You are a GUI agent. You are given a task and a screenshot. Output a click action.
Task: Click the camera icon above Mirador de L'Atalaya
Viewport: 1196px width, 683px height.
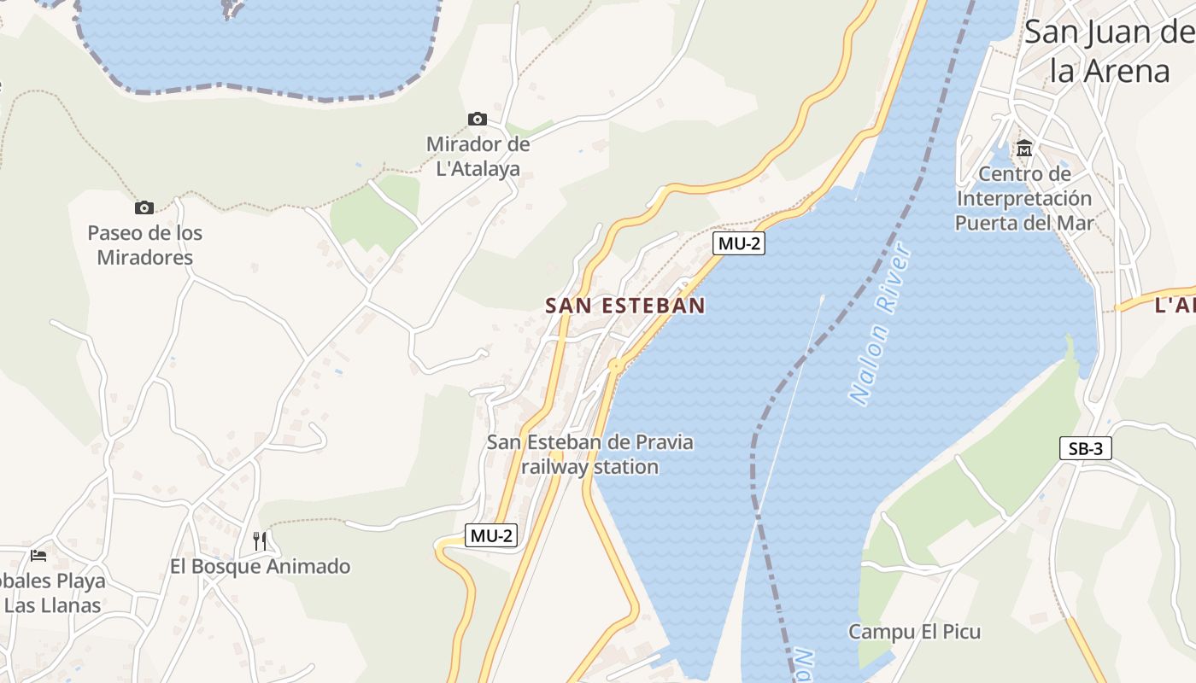(x=478, y=119)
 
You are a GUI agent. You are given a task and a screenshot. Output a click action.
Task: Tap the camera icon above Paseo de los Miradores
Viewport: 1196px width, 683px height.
(x=144, y=207)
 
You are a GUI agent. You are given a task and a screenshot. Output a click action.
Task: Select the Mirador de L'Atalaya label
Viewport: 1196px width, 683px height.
(x=478, y=156)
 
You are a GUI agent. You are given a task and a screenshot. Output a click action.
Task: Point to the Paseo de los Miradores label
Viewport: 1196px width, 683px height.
(x=145, y=245)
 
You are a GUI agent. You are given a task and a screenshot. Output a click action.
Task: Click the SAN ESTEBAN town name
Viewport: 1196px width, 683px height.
(x=625, y=306)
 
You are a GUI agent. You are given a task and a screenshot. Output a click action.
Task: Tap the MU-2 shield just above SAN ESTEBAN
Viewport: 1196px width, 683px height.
(x=739, y=243)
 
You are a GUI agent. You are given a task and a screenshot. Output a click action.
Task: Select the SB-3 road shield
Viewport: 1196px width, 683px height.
(x=1085, y=448)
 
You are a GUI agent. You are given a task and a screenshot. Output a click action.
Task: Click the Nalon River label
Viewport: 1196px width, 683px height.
(x=881, y=324)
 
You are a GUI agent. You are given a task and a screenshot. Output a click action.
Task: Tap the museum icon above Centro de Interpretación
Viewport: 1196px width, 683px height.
(x=1024, y=149)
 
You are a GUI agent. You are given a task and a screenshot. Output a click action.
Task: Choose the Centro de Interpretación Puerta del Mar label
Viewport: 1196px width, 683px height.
(x=1024, y=199)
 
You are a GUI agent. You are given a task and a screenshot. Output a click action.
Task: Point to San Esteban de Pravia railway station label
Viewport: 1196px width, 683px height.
(x=590, y=454)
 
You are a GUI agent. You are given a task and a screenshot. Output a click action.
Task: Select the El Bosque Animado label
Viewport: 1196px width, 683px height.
(x=260, y=566)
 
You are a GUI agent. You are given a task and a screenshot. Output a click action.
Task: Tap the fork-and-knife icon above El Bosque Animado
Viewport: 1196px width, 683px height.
(x=260, y=540)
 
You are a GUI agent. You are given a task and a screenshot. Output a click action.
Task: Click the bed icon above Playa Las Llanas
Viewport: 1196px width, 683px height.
(x=38, y=555)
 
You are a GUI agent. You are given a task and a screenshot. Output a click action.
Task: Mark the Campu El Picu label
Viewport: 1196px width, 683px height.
(x=914, y=632)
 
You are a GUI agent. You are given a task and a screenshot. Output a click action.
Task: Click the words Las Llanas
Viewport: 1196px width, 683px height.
(x=53, y=605)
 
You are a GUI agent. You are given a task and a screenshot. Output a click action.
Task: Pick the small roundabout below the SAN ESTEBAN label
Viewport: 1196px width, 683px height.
(x=615, y=365)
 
